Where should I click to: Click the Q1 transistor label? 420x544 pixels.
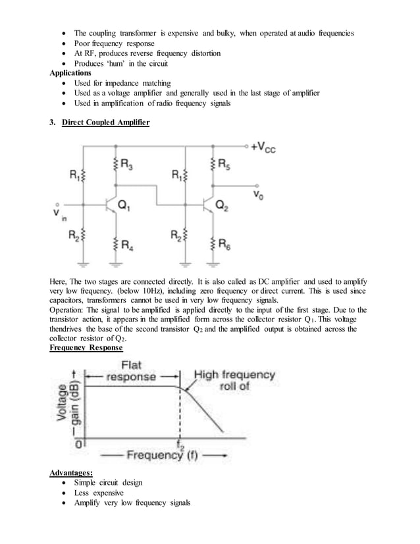click(x=125, y=206)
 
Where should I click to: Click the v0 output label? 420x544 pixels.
click(x=259, y=195)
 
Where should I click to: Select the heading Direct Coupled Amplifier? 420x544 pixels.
click(x=105, y=123)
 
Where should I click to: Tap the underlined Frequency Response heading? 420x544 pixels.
click(x=86, y=347)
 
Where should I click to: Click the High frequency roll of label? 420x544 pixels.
click(x=234, y=380)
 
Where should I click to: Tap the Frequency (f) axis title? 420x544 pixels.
click(x=155, y=455)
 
